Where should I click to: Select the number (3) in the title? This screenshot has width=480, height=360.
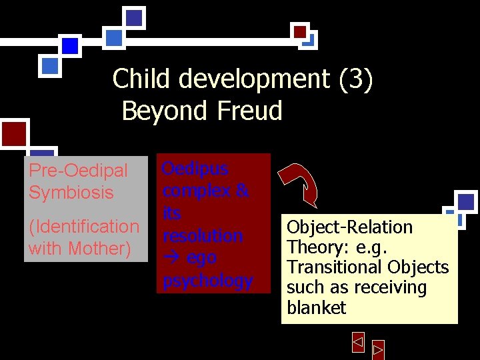[x=355, y=79]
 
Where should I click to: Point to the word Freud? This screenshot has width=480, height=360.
[x=249, y=111]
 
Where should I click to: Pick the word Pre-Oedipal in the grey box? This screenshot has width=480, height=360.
[x=78, y=171]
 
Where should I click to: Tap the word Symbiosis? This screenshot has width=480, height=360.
[x=72, y=193]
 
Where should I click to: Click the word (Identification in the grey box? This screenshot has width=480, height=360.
[x=84, y=227]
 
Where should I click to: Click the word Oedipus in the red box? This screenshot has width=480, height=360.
[x=196, y=169]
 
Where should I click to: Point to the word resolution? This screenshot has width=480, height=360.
[x=203, y=236]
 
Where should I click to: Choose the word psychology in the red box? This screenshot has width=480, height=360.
[x=207, y=281]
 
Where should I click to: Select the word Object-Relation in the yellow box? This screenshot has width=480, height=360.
[x=349, y=227]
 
